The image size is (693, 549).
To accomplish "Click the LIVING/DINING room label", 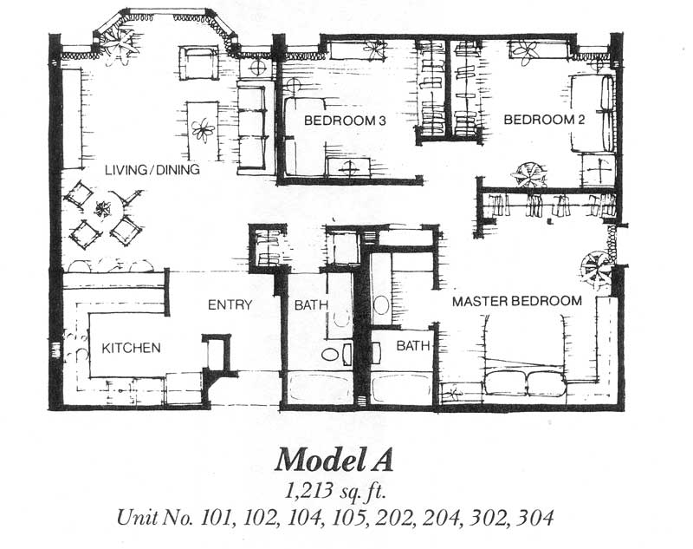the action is coord(152,169).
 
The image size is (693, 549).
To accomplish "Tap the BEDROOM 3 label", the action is coord(345,121).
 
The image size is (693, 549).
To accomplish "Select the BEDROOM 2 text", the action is coord(544,120).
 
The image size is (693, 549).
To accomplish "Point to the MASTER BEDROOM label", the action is coord(517,301).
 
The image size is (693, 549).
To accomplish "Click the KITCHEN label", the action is coord(132,348).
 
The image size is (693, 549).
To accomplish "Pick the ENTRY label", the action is coord(230,304).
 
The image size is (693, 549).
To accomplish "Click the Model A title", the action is coord(334,460).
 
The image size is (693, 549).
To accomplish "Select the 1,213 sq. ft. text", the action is coord(334,491).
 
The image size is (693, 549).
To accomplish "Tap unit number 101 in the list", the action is coord(216,518).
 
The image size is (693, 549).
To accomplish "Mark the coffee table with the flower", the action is coord(203,131).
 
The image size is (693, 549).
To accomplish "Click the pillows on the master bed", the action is coord(526,382).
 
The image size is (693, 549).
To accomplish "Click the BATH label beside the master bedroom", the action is coord(413,345).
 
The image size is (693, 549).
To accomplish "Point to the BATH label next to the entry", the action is coord(311,304).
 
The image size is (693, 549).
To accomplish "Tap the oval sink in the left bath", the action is coord(329,355).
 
